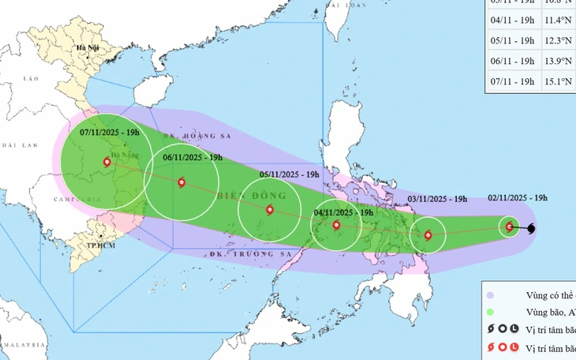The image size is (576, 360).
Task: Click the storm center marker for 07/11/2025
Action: (107, 163)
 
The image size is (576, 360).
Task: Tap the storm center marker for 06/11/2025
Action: (181, 182)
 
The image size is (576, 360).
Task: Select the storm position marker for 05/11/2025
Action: (270, 210)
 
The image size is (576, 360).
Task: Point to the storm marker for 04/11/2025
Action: (337, 225)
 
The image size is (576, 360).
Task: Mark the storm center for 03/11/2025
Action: (428, 234)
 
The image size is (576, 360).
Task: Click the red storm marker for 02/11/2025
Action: (510, 227)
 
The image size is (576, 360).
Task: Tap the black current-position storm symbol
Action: (530, 229)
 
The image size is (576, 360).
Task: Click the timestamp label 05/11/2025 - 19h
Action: (290, 174)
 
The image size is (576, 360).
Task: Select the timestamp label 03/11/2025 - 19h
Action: (438, 198)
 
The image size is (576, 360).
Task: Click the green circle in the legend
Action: (491, 313)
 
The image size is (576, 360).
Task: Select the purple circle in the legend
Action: (491, 295)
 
